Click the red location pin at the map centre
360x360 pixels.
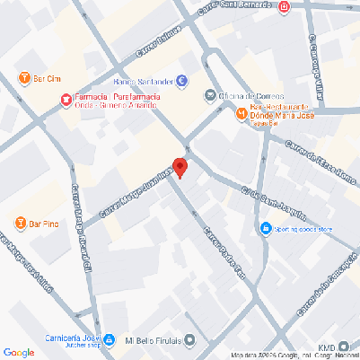(180, 168)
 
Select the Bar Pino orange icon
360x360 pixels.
(21, 222)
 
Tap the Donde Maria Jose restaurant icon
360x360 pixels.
(241, 114)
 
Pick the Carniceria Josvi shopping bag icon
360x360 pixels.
(109, 340)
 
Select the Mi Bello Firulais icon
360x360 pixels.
(189, 340)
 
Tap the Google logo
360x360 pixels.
(19, 352)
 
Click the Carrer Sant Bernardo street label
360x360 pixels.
(244, 8)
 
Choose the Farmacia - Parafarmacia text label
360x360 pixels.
(111, 96)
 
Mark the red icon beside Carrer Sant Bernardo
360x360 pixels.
(285, 8)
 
